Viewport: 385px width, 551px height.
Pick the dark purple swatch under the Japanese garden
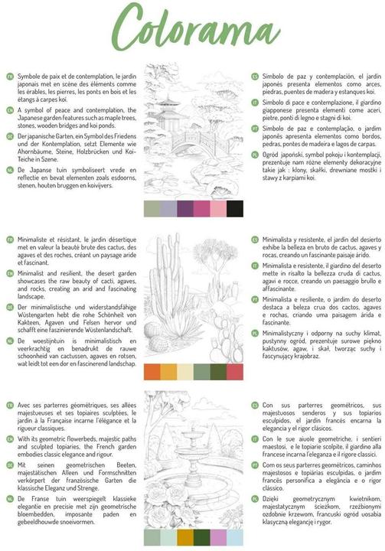[x=184, y=208]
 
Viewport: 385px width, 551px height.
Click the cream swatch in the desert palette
[x=184, y=371]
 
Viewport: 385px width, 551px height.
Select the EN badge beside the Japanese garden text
[x=10, y=111]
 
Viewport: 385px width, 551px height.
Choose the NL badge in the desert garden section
[x=10, y=341]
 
